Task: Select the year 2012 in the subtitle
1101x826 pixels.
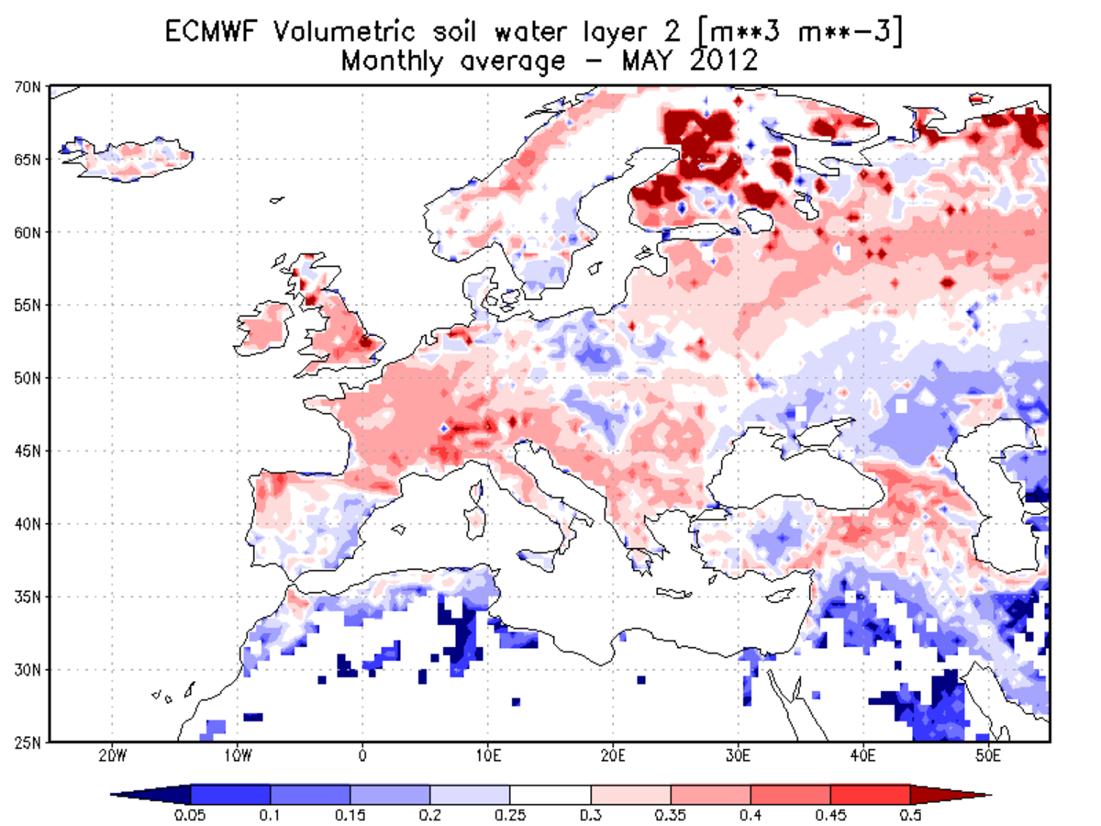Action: coord(720,61)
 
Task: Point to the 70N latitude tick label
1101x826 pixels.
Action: coord(28,87)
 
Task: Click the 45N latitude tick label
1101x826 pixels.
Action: coord(28,451)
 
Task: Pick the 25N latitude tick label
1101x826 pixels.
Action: coord(28,742)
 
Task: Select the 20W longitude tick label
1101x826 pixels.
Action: coord(112,756)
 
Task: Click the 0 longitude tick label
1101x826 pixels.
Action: coord(363,756)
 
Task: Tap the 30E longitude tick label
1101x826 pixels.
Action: coord(738,756)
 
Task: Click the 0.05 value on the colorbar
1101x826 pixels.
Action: coord(190,813)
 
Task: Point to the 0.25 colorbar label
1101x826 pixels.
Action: coord(510,813)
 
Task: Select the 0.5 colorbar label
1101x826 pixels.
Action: coord(909,813)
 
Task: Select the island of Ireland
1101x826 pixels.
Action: coord(266,328)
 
